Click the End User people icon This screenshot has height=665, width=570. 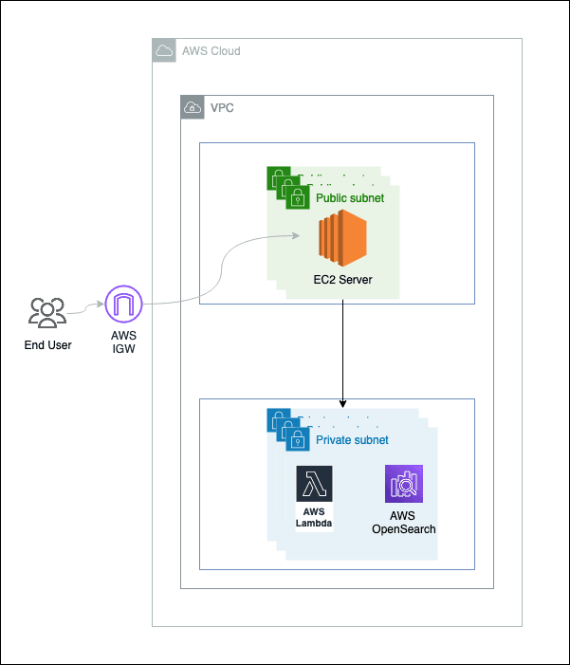46,312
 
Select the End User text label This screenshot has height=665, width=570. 47,344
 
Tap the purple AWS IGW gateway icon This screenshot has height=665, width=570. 123,305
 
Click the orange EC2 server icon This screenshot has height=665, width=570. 342,241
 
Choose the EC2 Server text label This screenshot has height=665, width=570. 342,281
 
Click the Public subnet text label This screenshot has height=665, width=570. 352,198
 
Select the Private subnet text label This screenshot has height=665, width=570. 352,440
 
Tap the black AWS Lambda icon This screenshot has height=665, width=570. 314,483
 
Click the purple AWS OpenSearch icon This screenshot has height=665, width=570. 404,484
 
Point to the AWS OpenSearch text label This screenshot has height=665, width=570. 404,522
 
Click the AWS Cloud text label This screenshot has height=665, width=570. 211,50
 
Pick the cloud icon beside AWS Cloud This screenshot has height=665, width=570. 164,50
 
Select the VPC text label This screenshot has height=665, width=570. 222,107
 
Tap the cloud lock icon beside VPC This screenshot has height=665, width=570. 193,107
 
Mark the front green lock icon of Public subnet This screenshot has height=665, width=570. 298,198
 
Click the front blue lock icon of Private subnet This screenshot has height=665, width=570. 298,440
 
